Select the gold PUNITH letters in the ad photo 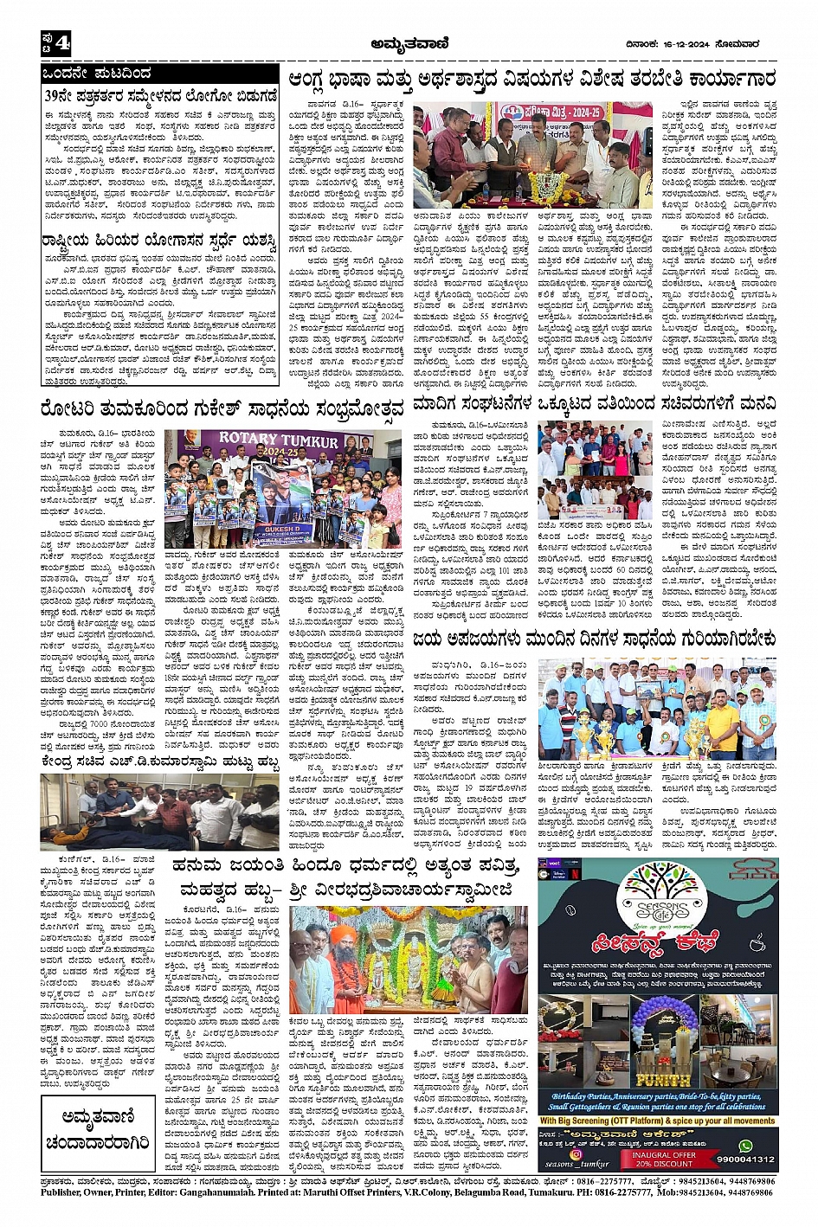tap(662, 1080)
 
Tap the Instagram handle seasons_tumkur tap(571, 1160)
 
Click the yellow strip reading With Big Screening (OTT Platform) tap(658, 1121)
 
